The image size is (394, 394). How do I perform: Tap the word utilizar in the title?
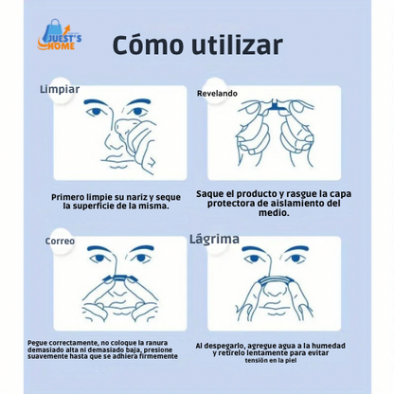coord(238,45)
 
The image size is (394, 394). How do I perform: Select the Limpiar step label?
coord(59,89)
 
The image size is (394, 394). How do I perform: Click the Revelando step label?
coord(217,94)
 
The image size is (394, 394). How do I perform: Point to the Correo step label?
coord(60,241)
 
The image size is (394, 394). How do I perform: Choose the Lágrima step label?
coord(214,239)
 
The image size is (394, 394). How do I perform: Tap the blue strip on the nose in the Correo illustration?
coord(116,277)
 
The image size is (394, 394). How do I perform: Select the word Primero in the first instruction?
coord(73,197)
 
